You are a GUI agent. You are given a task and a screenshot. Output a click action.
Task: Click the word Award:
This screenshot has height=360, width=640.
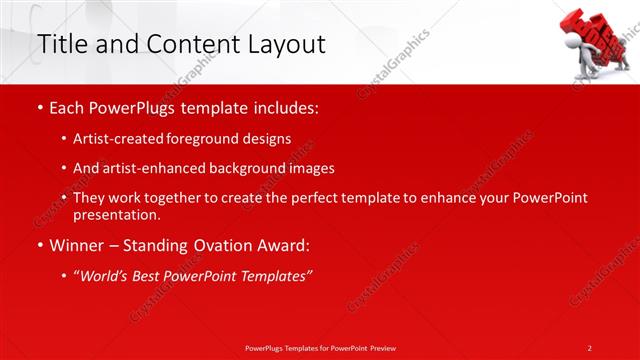275,245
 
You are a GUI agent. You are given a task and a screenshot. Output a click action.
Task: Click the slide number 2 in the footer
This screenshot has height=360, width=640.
590,348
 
